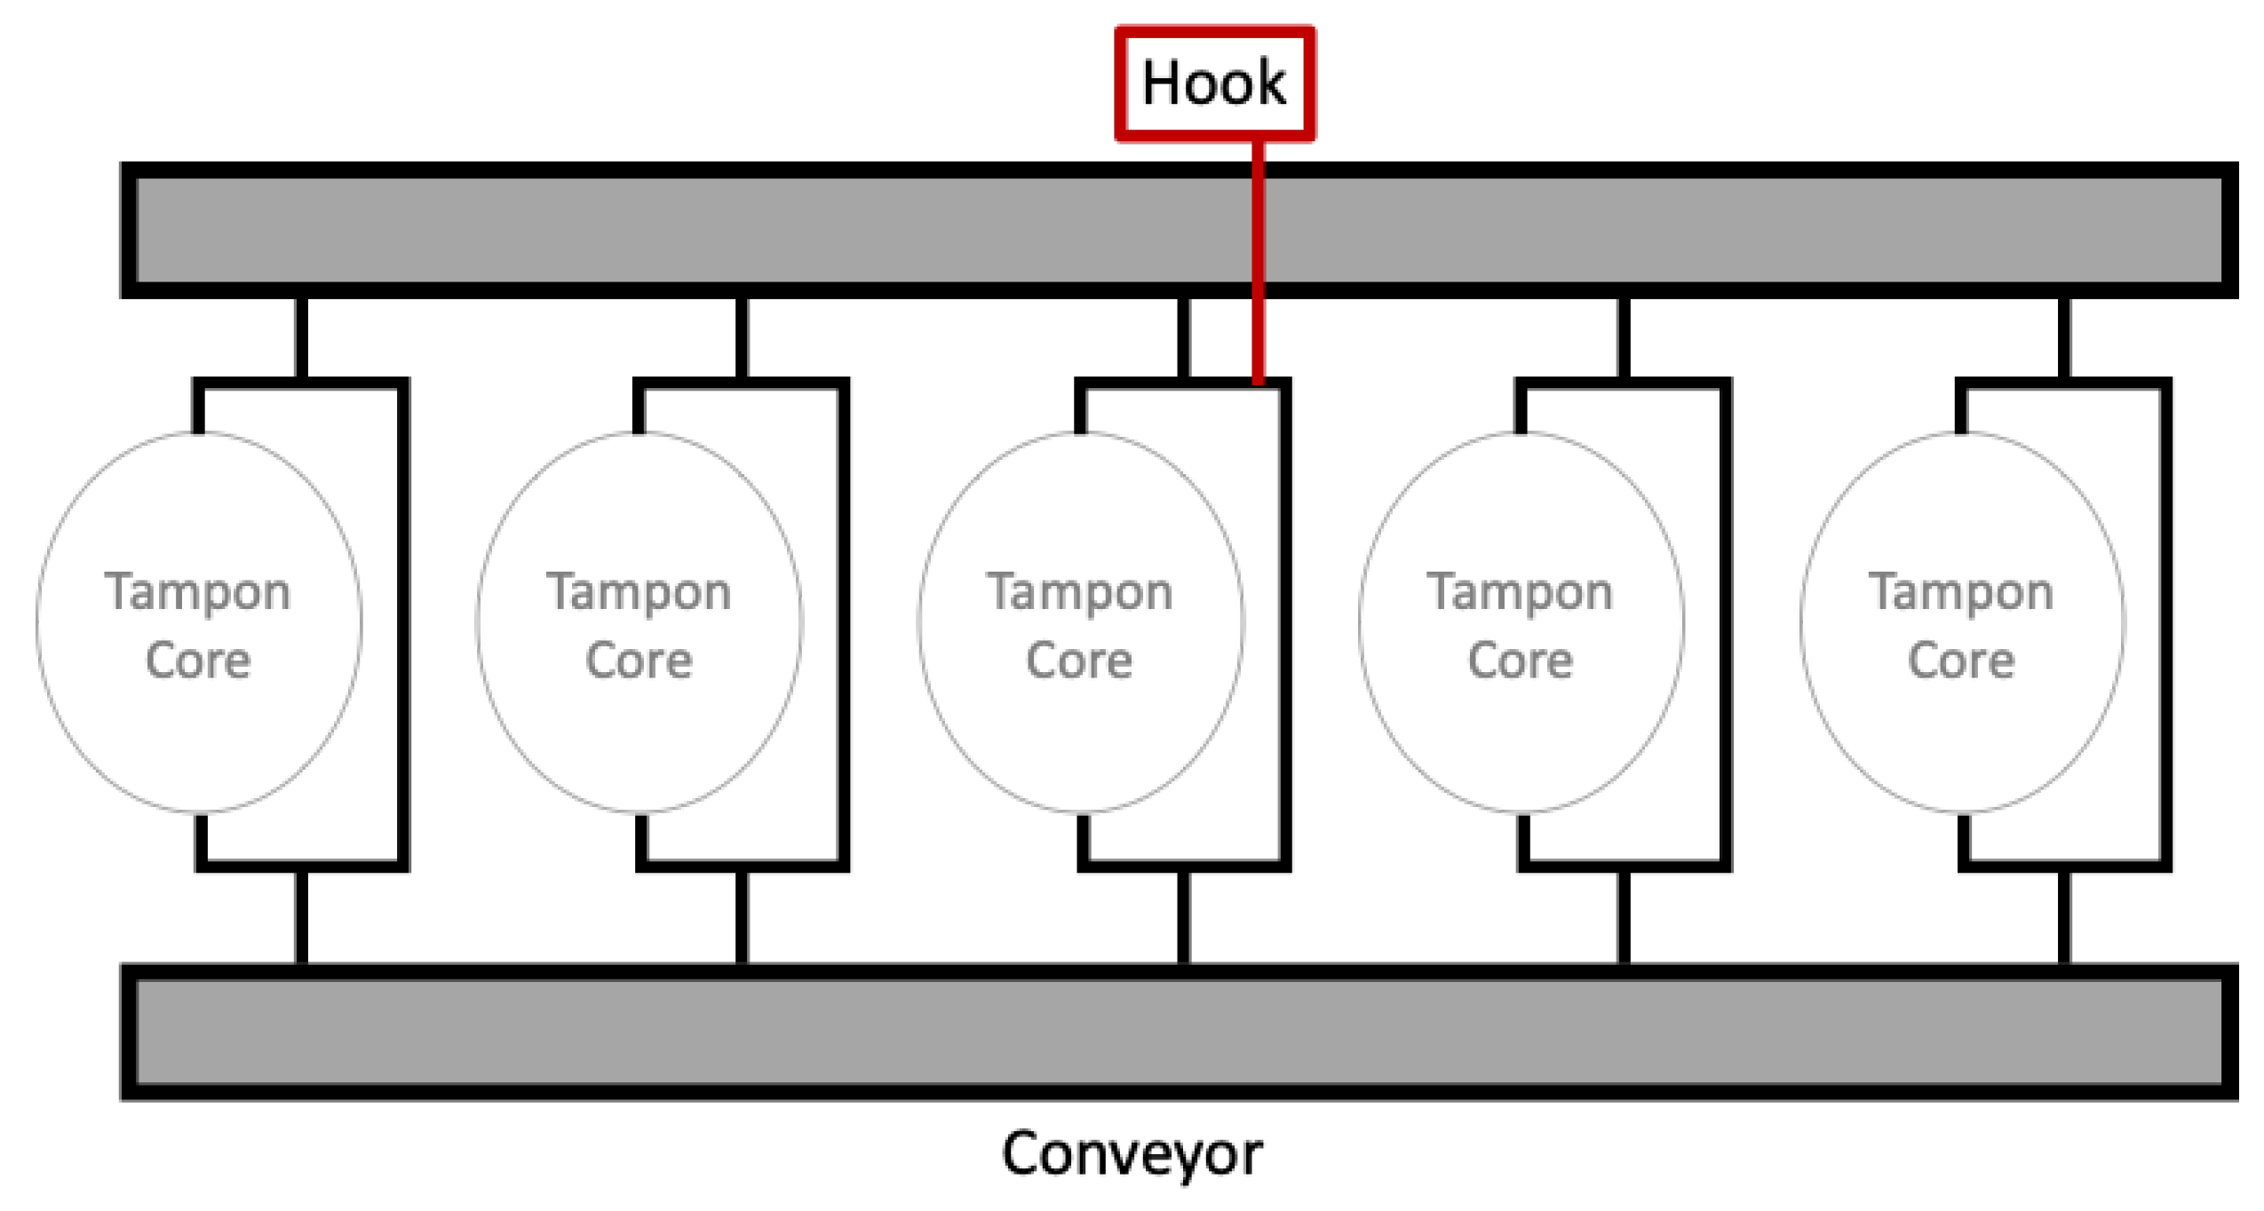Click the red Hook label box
pos(1213,83)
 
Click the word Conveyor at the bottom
pos(1131,1153)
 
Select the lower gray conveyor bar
pos(1178,1032)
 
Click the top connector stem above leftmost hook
pos(301,337)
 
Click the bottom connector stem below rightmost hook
pos(2063,916)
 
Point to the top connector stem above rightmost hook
pos(2063,337)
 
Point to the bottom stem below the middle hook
pos(1183,916)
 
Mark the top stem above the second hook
pos(742,337)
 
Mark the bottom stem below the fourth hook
pos(1624,916)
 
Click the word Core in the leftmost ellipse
pos(198,660)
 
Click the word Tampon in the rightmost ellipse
pos(1961,591)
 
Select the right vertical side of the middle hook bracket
pos(1284,621)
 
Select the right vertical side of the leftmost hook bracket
pos(403,621)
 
